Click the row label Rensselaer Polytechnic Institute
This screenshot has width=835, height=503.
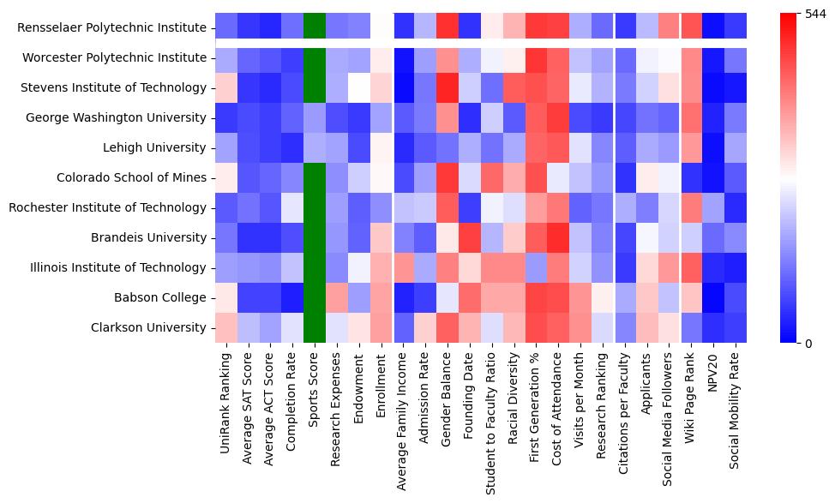(111, 28)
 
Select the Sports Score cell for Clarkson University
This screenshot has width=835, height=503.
(315, 328)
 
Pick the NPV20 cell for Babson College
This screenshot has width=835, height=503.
(714, 298)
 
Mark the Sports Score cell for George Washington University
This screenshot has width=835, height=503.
(315, 118)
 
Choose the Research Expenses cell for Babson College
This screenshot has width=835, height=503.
(337, 298)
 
